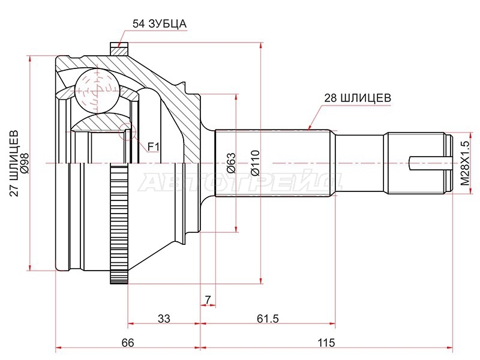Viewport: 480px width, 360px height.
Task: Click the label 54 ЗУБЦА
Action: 159,23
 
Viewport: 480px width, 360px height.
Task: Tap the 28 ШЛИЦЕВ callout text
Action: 357,98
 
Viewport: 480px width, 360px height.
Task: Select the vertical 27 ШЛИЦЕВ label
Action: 14,163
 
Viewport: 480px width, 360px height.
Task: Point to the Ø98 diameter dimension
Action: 25,163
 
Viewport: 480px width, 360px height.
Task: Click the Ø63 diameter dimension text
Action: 232,163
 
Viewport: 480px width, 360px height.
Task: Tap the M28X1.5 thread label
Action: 464,163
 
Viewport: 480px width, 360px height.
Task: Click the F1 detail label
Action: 154,147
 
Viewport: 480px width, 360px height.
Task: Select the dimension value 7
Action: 208,299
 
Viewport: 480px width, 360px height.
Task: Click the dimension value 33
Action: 164,319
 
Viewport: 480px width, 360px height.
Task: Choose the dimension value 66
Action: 128,343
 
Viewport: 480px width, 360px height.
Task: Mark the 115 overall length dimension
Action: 326,343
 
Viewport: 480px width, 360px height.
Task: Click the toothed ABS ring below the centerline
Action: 118,223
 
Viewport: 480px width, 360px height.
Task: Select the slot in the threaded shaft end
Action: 430,163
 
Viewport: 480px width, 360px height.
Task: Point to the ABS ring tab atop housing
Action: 119,49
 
